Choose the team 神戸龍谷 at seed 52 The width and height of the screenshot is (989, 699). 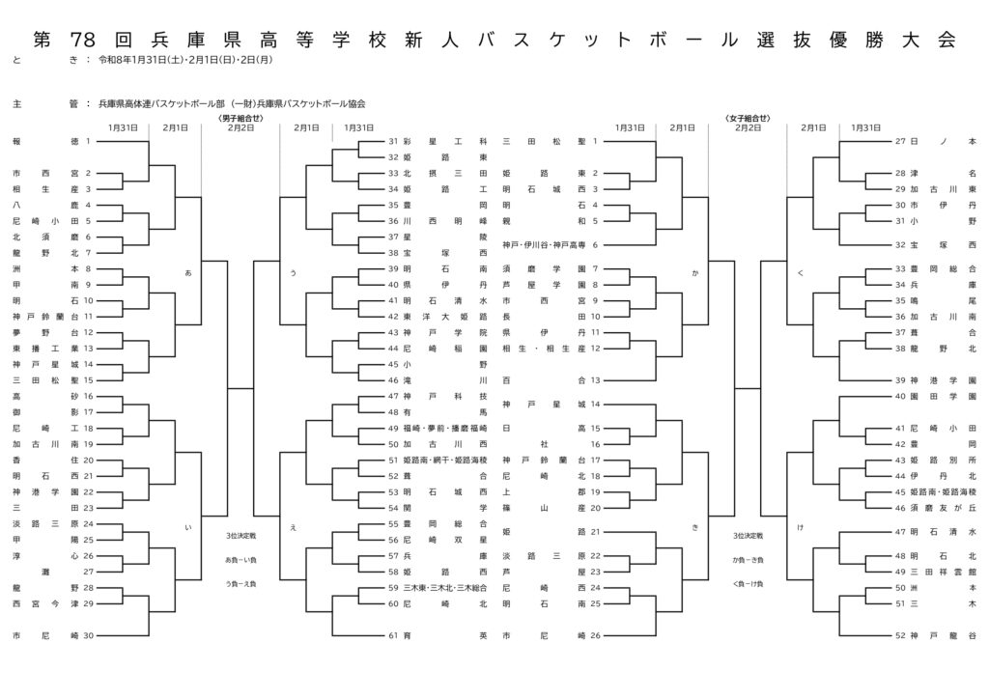(943, 635)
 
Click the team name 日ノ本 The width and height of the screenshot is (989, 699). (943, 141)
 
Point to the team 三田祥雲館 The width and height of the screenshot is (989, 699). (943, 571)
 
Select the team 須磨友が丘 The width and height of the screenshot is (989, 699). (943, 507)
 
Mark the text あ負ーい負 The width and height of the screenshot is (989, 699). (241, 560)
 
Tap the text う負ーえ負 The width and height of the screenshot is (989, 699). (241, 584)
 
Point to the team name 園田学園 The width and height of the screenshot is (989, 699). (943, 396)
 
